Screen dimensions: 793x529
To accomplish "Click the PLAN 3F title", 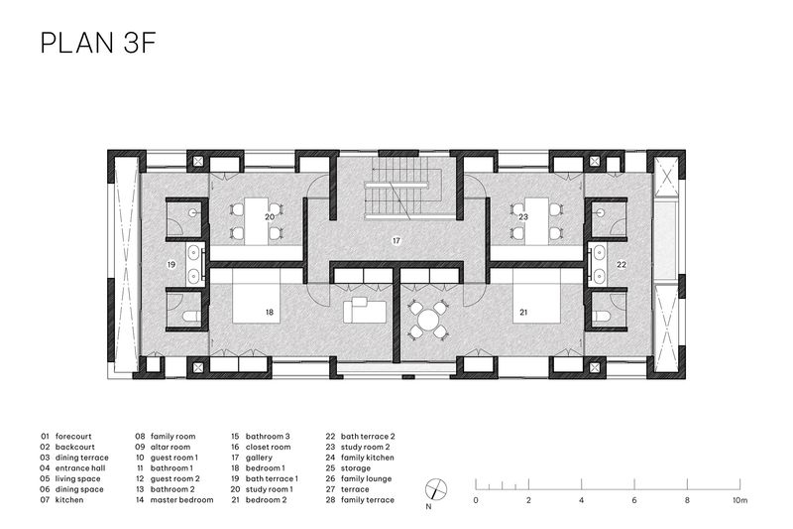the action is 97,43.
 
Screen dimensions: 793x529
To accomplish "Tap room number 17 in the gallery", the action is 396,241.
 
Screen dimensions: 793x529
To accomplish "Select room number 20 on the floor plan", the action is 270,216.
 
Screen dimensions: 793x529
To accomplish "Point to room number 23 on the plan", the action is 523,216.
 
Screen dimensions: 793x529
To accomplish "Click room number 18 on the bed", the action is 270,313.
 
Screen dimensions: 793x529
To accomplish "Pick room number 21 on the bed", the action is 523,313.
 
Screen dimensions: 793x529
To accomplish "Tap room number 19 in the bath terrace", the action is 171,264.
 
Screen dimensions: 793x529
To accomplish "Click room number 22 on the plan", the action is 622,264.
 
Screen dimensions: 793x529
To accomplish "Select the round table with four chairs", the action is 428,320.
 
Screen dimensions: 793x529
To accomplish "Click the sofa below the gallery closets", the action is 364,310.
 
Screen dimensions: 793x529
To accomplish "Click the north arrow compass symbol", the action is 436,489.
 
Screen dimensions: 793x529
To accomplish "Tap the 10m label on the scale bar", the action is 739,500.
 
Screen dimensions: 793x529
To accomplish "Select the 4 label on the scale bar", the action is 582,500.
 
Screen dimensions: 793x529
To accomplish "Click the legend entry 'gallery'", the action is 259,458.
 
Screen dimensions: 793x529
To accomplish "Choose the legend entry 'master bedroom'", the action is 181,500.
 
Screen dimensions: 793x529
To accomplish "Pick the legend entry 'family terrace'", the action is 367,500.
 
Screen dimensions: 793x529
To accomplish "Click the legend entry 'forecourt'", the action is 73,437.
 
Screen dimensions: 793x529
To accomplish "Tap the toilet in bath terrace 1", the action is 190,317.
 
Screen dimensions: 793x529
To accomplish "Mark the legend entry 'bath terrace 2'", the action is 368,437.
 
